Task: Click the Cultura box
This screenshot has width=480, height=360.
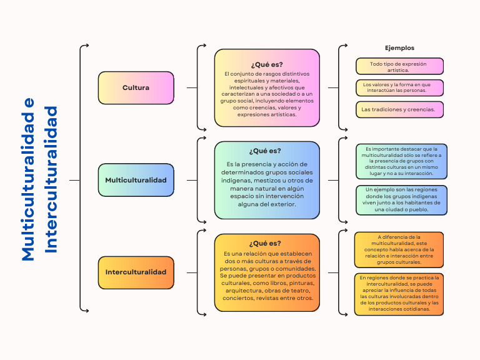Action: tap(135, 87)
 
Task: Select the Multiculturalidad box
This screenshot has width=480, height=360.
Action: tap(135, 180)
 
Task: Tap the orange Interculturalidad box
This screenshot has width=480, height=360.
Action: tap(135, 272)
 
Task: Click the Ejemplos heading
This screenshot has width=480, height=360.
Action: tap(399, 47)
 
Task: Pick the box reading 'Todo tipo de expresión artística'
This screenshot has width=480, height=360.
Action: tap(399, 66)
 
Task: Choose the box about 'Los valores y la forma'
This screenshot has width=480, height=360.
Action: tap(399, 87)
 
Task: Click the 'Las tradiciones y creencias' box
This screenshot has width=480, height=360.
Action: tap(399, 109)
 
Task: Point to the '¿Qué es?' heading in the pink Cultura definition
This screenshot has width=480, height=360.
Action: tap(267, 64)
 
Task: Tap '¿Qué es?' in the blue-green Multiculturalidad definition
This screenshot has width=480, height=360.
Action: tap(265, 151)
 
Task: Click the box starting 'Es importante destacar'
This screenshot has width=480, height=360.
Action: tap(401, 161)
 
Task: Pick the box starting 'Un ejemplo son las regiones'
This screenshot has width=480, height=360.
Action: tap(401, 200)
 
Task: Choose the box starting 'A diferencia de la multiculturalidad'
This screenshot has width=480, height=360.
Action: tap(399, 249)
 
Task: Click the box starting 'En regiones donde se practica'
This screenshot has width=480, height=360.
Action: tap(399, 293)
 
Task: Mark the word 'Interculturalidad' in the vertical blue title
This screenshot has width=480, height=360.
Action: tap(51, 179)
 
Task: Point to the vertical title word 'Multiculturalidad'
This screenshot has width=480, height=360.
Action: tap(28, 179)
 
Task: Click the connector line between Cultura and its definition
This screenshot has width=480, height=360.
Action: tap(192, 87)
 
